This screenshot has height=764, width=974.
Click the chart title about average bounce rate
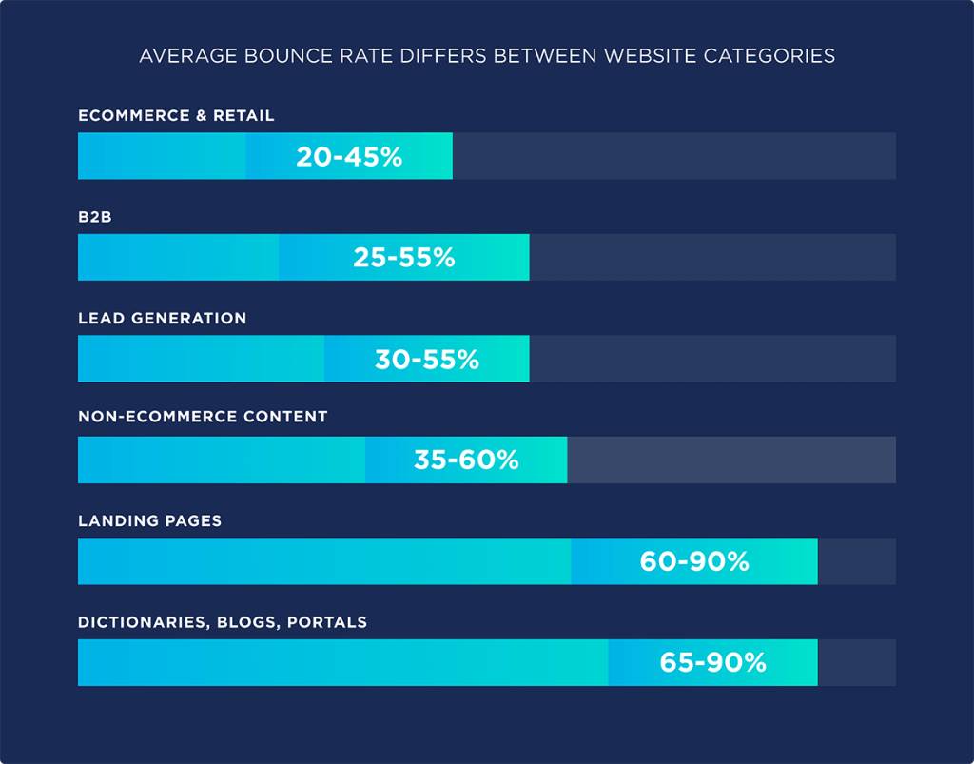tap(487, 56)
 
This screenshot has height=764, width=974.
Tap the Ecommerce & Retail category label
tap(176, 116)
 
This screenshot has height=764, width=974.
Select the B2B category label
tap(96, 217)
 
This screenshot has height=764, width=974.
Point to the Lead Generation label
tap(162, 319)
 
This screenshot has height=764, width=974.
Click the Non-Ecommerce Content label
tap(203, 417)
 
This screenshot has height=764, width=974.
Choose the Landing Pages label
tap(149, 521)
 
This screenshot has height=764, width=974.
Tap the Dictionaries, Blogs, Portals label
tap(223, 623)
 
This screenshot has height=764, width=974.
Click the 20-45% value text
tap(349, 157)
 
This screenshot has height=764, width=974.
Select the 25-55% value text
tap(404, 258)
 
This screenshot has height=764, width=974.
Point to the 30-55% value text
tap(426, 360)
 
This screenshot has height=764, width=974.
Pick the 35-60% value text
tap(466, 460)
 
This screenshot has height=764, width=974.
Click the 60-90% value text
tap(694, 562)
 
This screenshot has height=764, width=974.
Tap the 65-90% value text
tap(712, 663)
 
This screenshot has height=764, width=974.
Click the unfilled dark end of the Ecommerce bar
tap(673, 157)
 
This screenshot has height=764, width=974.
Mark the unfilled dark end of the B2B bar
tap(711, 258)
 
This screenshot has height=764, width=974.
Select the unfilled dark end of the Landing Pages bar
tap(856, 562)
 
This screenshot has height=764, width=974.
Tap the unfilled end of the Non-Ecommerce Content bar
tap(730, 460)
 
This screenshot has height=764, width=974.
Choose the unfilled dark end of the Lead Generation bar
tap(711, 360)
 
